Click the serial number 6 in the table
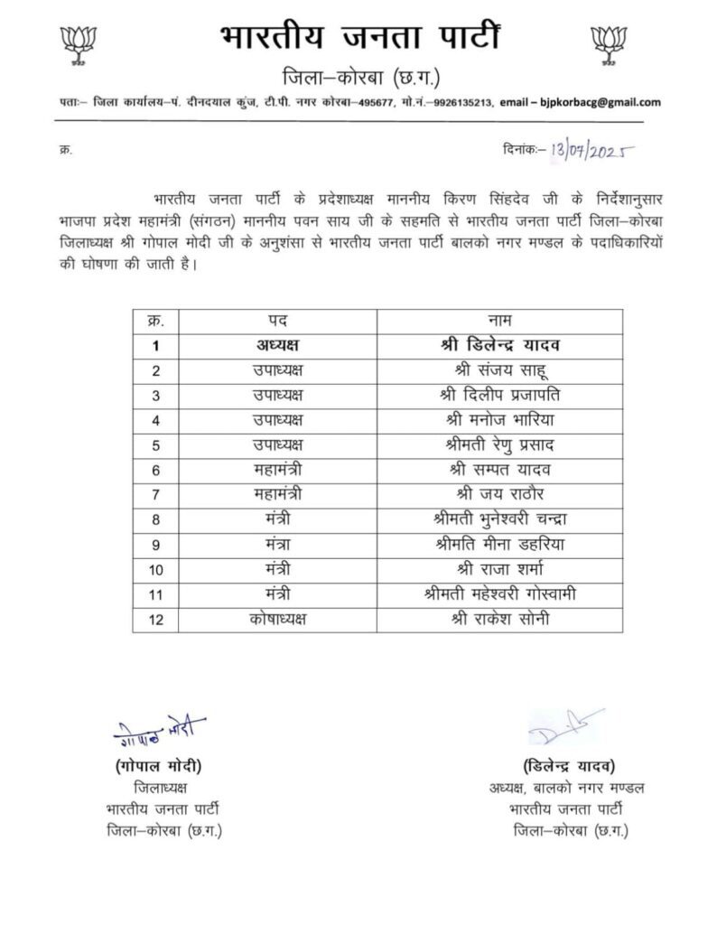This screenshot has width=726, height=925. tap(156, 469)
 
